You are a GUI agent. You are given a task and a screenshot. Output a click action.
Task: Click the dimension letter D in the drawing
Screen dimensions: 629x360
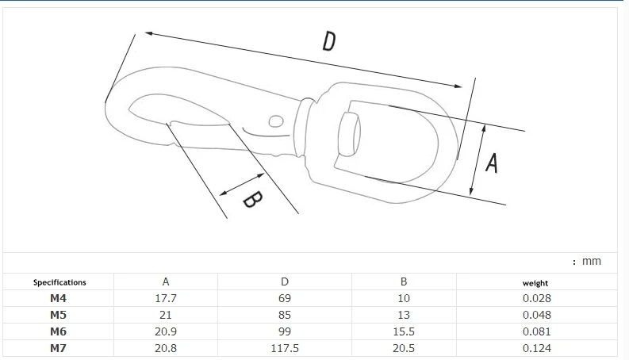pos(329,41)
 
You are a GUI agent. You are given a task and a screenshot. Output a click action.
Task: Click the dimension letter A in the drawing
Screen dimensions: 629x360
pos(492,163)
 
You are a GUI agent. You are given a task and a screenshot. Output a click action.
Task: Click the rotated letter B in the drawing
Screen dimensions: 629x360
pos(253,199)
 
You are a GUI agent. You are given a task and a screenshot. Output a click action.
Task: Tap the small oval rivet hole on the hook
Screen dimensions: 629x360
pos(275,121)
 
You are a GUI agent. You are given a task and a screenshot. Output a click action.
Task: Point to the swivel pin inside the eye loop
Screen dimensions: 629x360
pos(349,133)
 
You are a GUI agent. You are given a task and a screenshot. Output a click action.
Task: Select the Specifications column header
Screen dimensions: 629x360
pos(59,282)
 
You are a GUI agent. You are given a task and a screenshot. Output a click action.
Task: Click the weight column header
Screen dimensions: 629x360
pos(535,283)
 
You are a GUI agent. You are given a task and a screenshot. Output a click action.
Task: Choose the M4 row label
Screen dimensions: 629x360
pos(58,298)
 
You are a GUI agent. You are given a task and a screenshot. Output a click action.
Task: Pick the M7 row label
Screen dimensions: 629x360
pos(58,348)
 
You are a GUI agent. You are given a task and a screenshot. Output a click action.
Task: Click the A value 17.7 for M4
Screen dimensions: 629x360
pos(166,298)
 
